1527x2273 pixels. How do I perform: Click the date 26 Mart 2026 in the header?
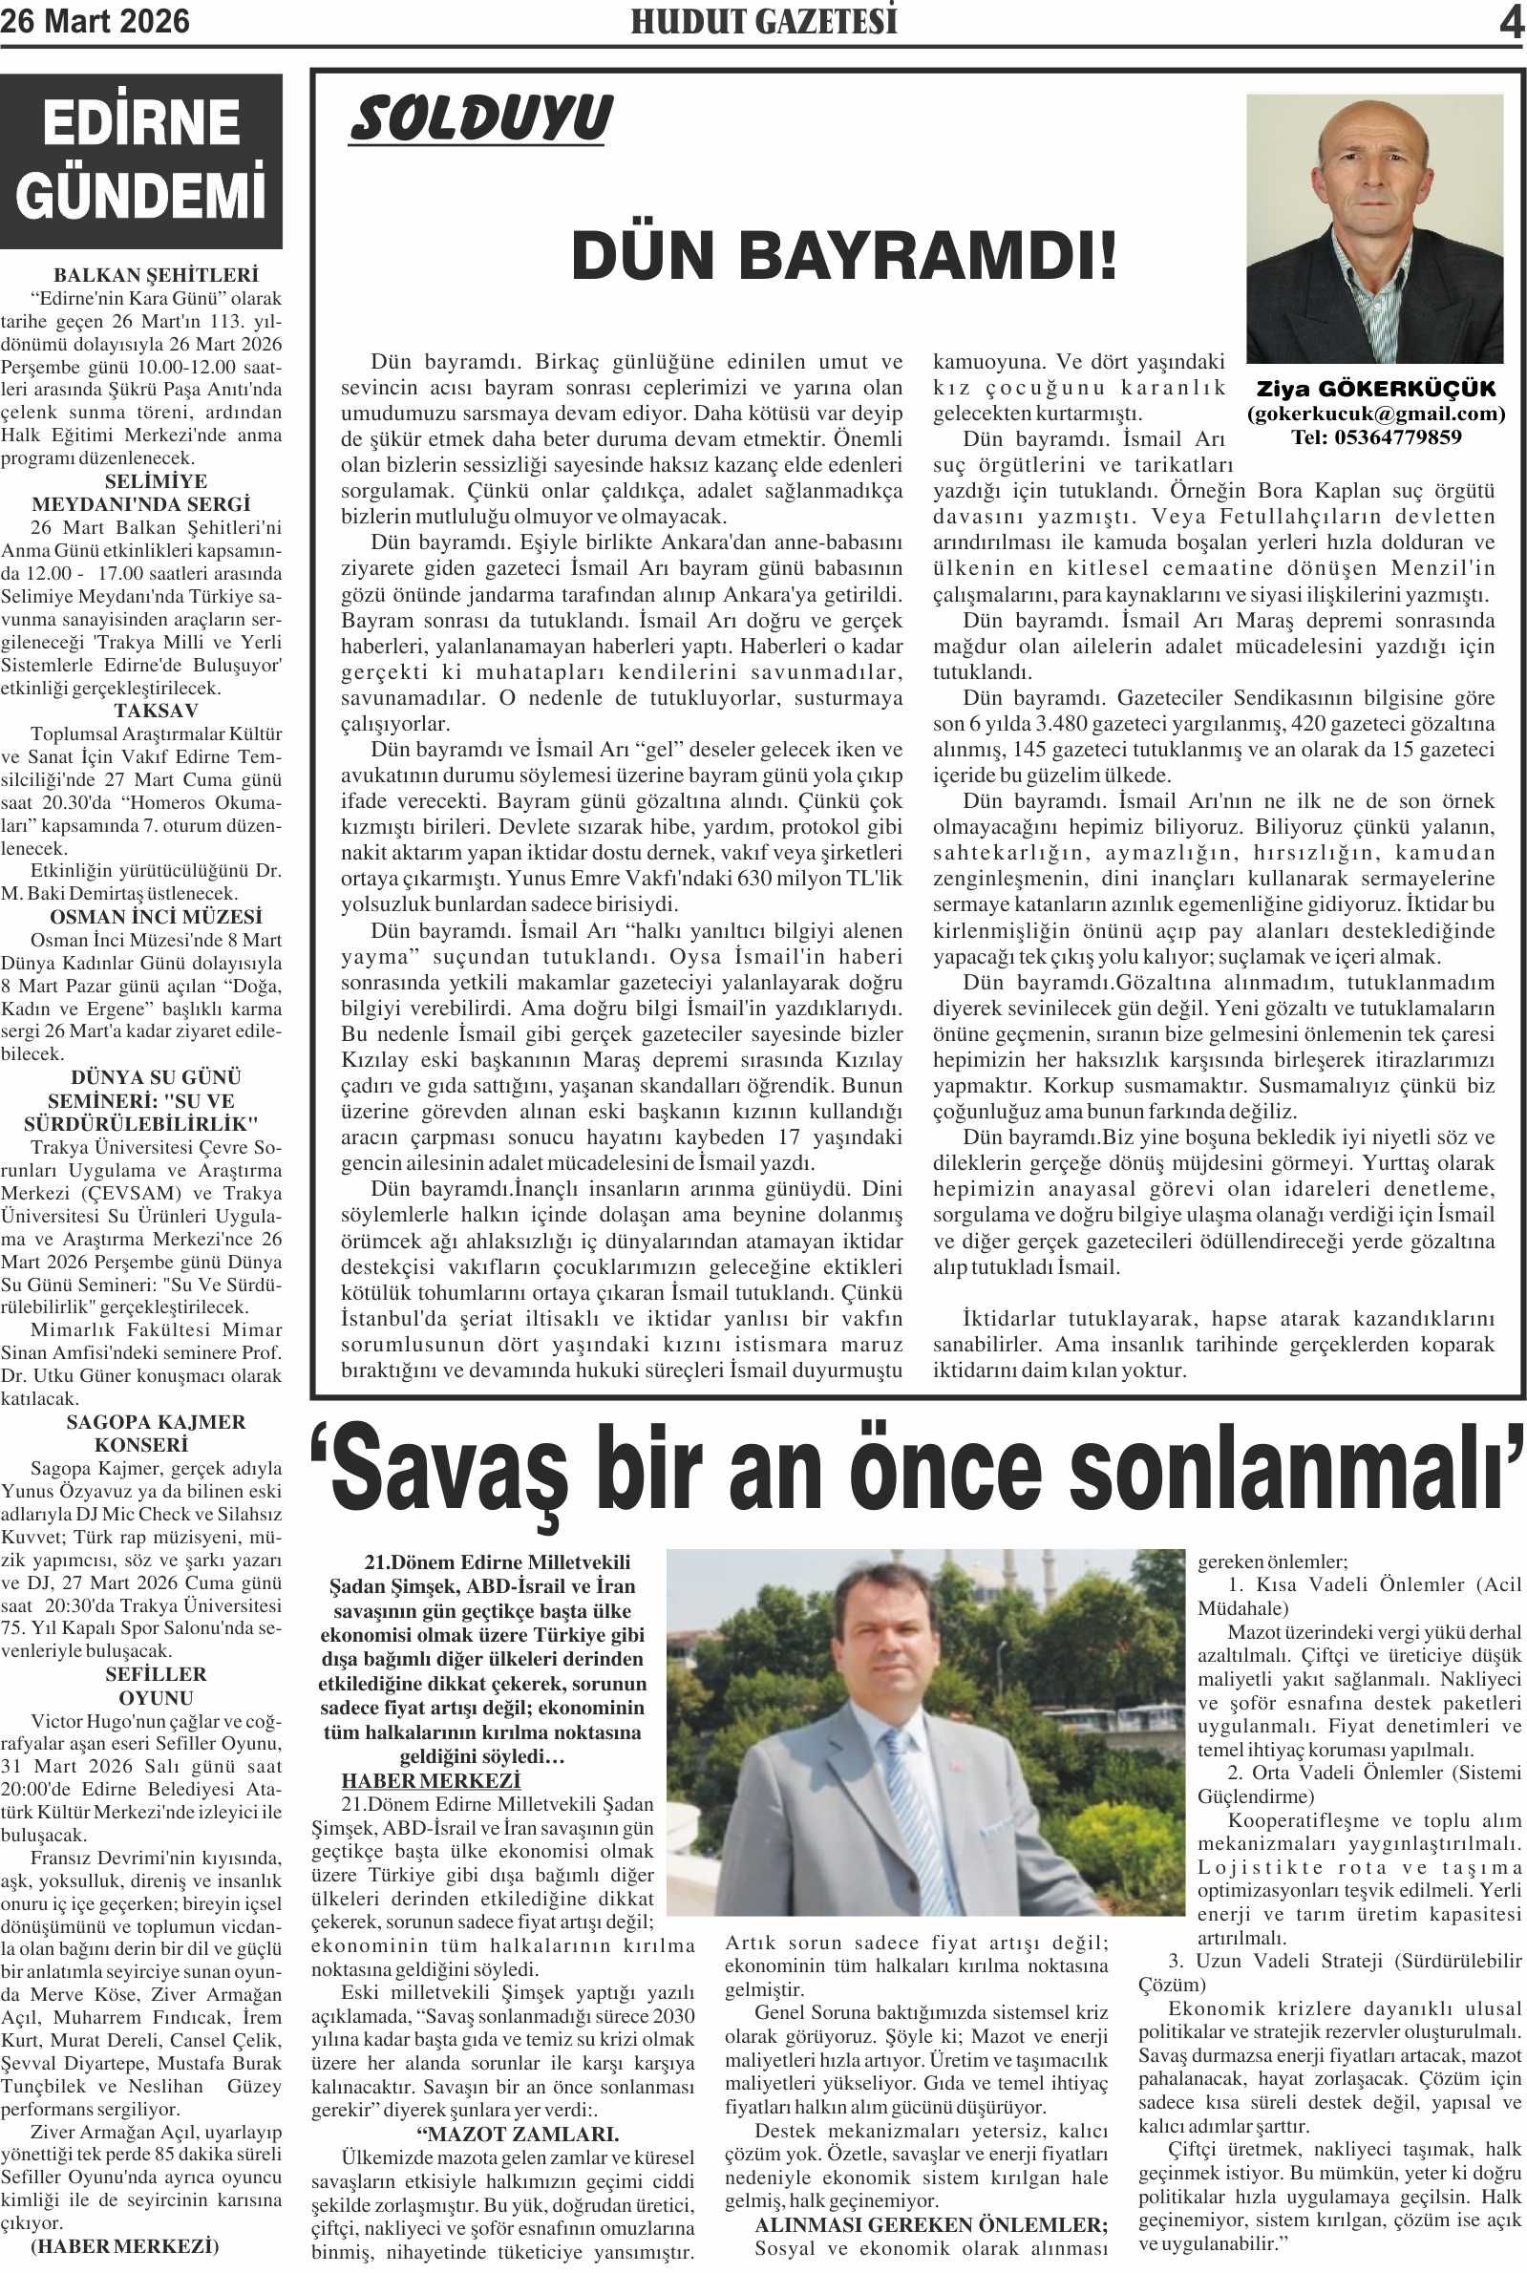[x=95, y=21]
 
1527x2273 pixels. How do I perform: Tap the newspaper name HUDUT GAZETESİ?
[x=764, y=21]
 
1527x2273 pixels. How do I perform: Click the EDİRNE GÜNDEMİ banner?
[x=141, y=160]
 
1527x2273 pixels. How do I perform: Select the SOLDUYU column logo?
[x=481, y=118]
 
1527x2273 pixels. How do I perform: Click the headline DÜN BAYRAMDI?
[x=843, y=256]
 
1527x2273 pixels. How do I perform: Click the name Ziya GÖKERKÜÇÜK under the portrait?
[x=1375, y=390]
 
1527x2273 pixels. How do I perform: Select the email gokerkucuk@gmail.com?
[x=1376, y=414]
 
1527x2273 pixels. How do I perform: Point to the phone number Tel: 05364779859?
[x=1376, y=437]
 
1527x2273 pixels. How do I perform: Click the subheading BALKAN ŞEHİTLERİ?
[x=156, y=276]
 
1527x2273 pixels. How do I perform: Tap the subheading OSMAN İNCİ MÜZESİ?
[x=156, y=918]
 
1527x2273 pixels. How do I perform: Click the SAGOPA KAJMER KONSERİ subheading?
[x=156, y=1434]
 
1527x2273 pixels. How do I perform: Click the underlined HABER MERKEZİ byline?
[x=432, y=1781]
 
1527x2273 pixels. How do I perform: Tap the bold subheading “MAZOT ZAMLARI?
[x=516, y=2135]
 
